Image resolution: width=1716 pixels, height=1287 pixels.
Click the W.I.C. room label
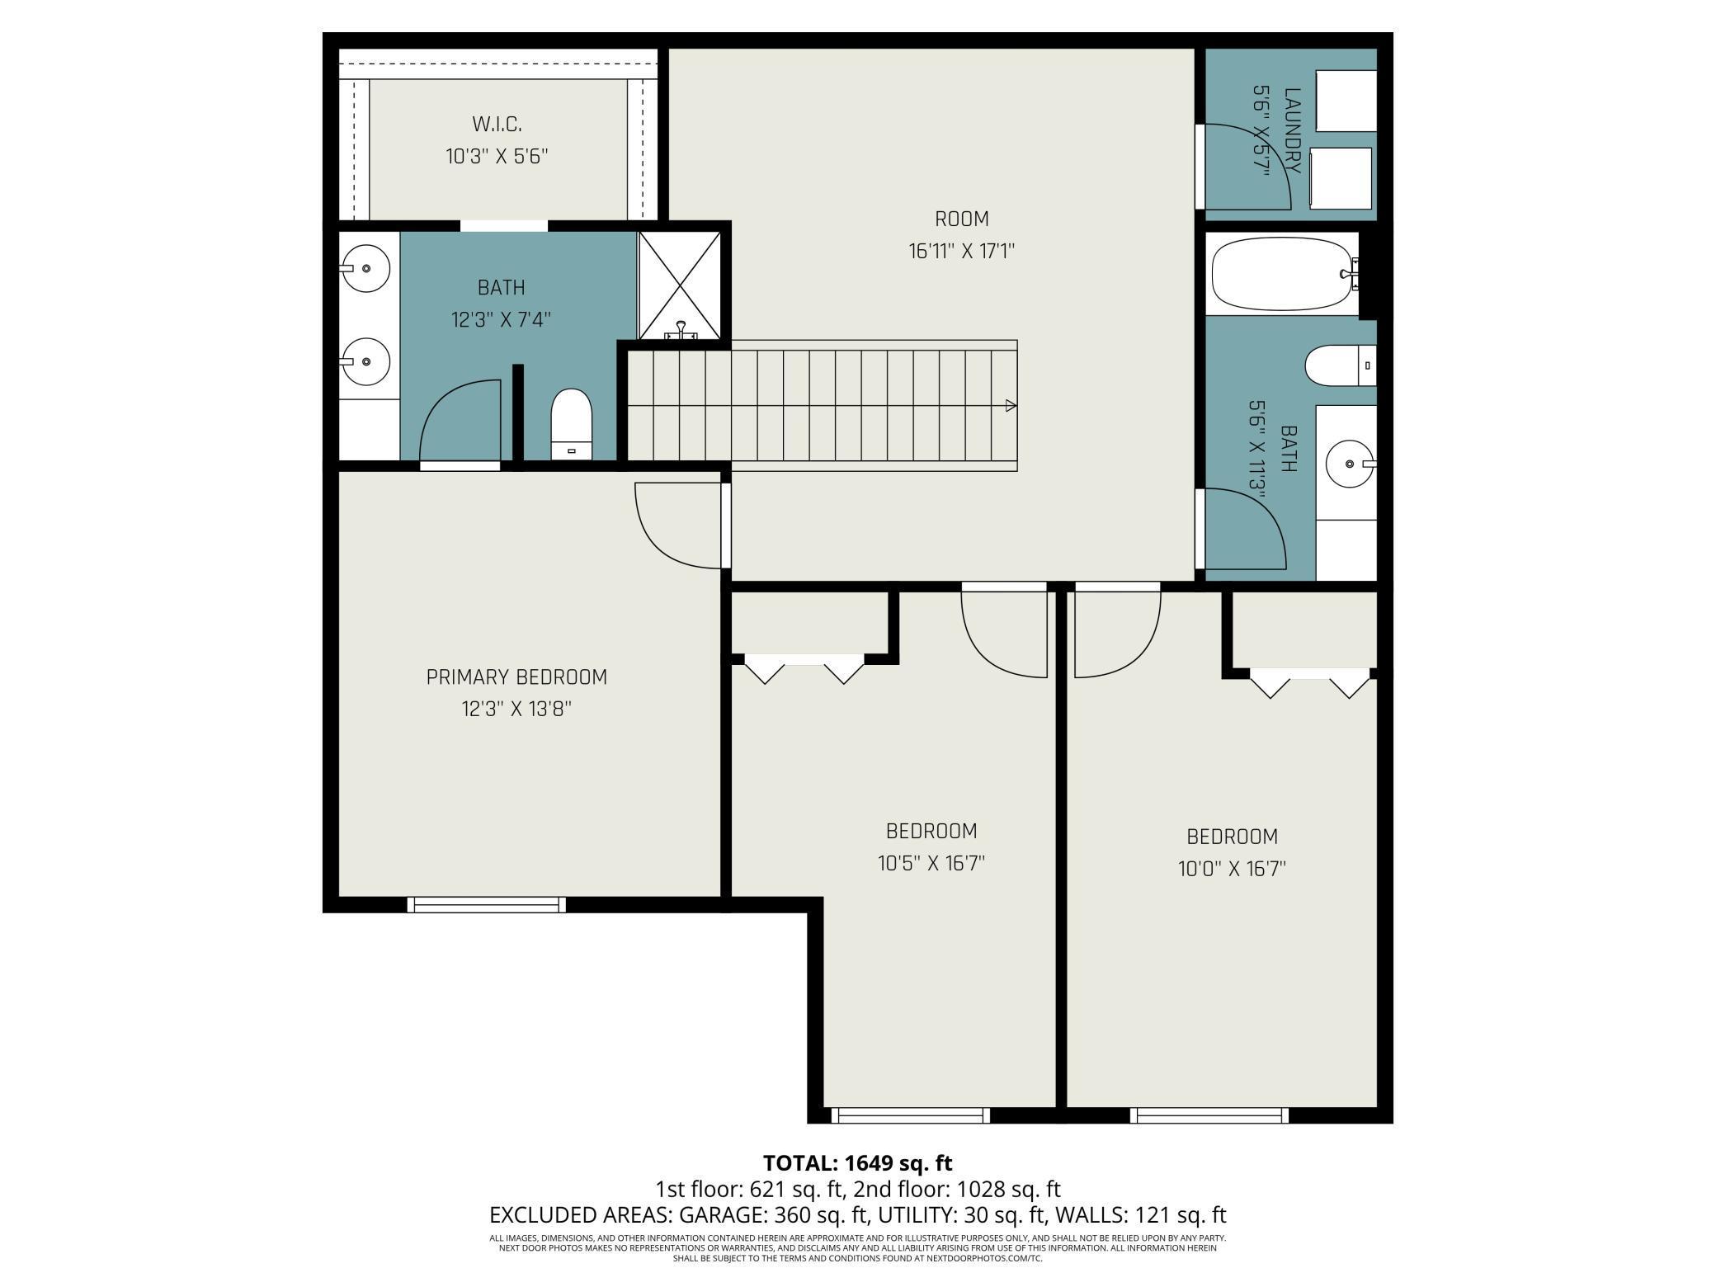pyautogui.click(x=497, y=125)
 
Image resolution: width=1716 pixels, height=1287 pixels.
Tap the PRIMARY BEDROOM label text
pyautogui.click(x=516, y=677)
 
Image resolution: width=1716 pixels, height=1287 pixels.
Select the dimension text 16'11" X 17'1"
pyautogui.click(x=962, y=251)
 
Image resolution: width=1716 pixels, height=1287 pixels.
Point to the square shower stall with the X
pyautogui.click(x=680, y=285)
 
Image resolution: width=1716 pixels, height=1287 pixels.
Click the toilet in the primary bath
pyautogui.click(x=572, y=424)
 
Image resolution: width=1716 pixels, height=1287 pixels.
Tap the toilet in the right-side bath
pyautogui.click(x=1341, y=365)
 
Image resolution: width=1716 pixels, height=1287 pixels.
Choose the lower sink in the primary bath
pyautogui.click(x=365, y=361)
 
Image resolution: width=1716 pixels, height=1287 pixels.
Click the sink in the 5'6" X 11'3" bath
pyautogui.click(x=1351, y=464)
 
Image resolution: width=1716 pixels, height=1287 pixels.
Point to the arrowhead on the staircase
pyautogui.click(x=1011, y=405)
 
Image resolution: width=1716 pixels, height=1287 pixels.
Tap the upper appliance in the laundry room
pyautogui.click(x=1346, y=100)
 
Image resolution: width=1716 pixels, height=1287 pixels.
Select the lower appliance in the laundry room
pyautogui.click(x=1341, y=178)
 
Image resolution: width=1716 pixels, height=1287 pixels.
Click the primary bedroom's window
pyautogui.click(x=487, y=904)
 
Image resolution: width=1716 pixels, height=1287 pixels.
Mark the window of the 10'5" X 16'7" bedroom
pyautogui.click(x=911, y=1115)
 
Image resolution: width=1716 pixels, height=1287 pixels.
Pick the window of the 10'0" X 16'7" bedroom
pyautogui.click(x=1209, y=1115)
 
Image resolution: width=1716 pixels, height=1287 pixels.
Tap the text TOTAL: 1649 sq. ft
pyautogui.click(x=857, y=1163)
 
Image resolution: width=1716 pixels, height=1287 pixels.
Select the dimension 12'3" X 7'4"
pyautogui.click(x=501, y=319)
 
